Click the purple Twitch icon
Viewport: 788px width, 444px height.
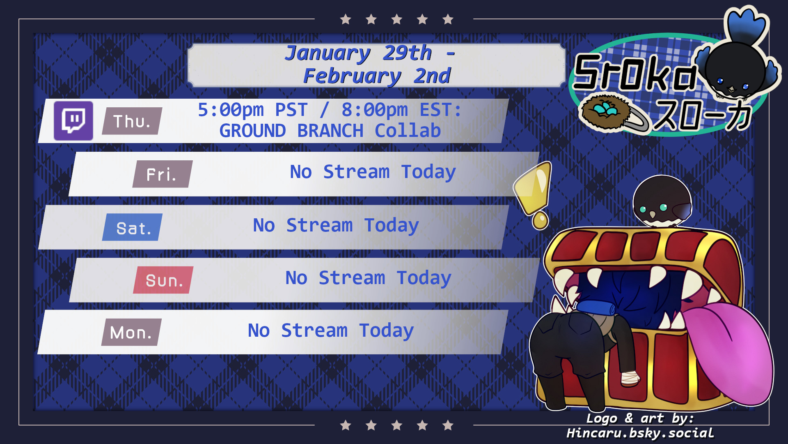(x=73, y=120)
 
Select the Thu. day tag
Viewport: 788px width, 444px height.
(x=132, y=121)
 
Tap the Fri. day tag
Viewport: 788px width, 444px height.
(x=163, y=174)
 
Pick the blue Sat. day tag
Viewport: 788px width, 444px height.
(x=132, y=227)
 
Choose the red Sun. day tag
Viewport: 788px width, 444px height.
(x=163, y=280)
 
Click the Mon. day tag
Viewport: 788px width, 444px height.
(x=131, y=332)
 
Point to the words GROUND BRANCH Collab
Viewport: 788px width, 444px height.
(x=330, y=131)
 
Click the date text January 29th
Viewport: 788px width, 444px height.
(x=358, y=53)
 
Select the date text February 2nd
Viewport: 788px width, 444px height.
(x=377, y=76)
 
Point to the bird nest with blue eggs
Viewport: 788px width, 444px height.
(x=605, y=111)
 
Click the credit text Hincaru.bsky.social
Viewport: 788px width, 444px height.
(x=640, y=433)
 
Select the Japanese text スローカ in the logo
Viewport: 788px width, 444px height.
(x=703, y=116)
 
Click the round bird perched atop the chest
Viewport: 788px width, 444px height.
(x=662, y=201)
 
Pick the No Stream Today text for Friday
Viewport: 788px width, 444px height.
(x=373, y=172)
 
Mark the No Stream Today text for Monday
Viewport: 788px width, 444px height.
(x=331, y=331)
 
